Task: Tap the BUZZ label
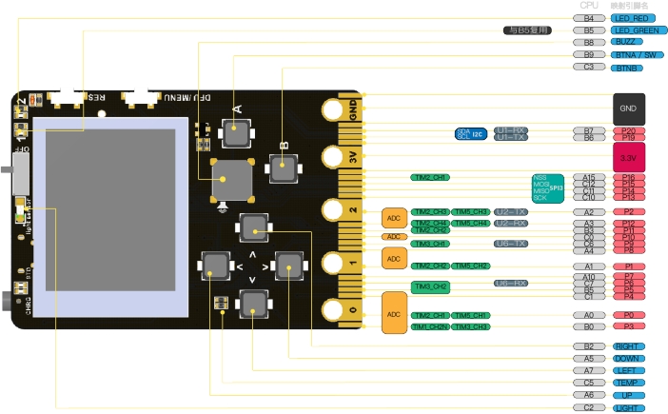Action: pos(628,43)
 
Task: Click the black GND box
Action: pos(628,109)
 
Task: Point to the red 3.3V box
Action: pos(628,156)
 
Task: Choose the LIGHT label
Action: pos(628,407)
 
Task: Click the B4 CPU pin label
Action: pos(589,18)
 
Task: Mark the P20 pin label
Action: pos(628,130)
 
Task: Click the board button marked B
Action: pos(283,168)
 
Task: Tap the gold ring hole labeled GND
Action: pos(331,110)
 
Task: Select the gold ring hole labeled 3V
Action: pos(331,157)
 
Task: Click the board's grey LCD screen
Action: pos(105,209)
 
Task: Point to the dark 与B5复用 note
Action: pos(527,30)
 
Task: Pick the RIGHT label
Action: pos(628,346)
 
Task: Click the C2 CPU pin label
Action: pos(589,407)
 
